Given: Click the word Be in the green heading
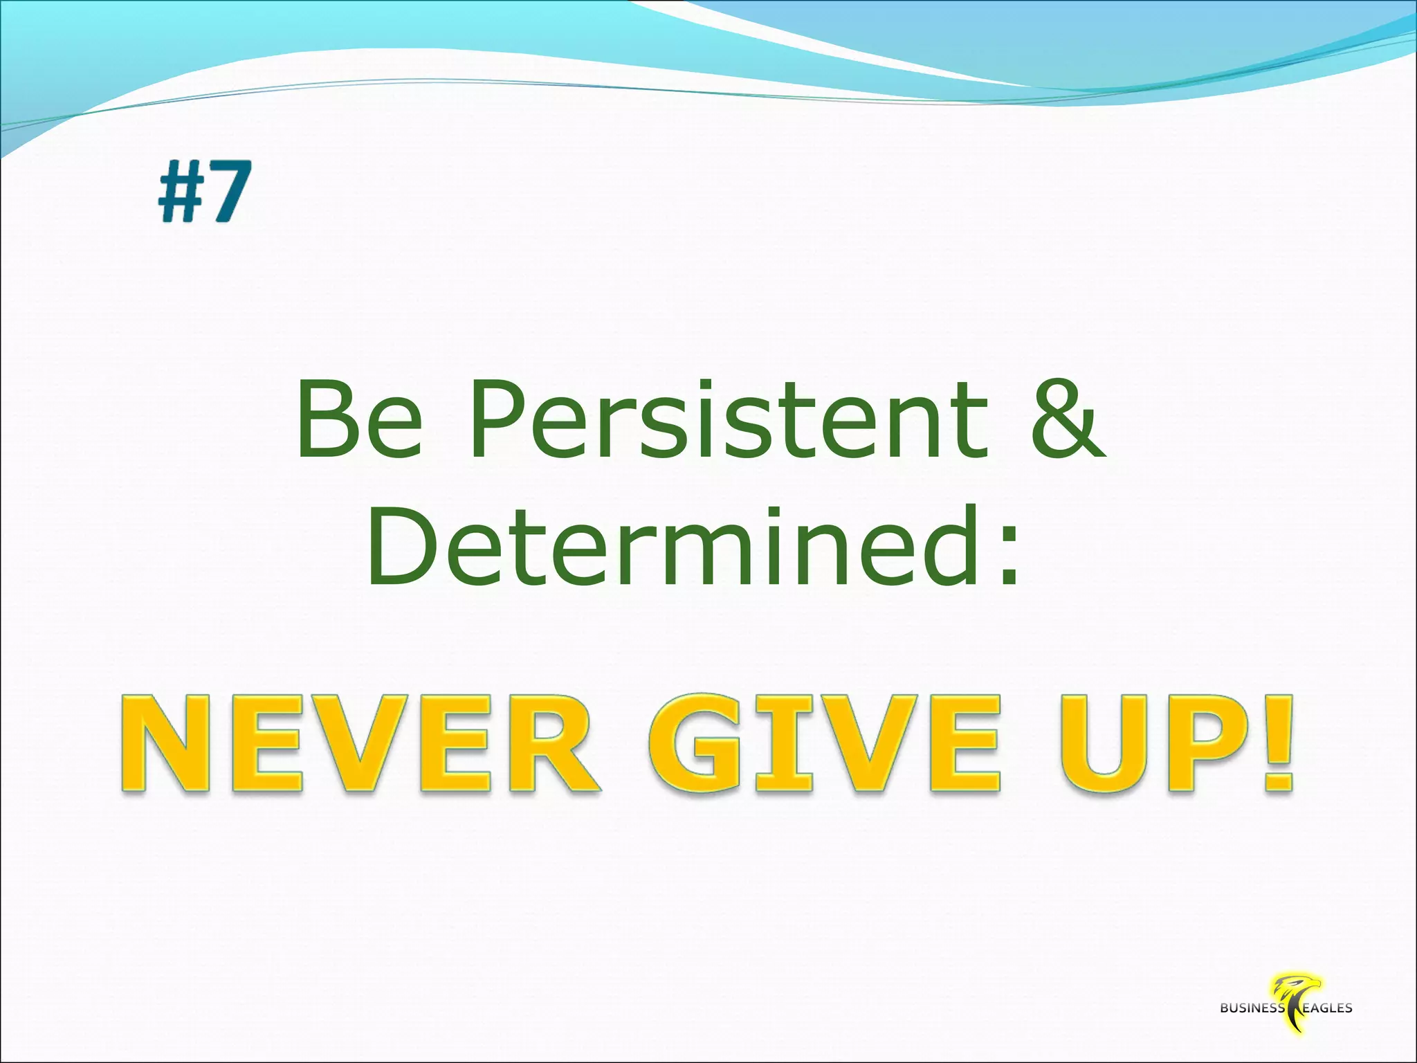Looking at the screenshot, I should point(359,423).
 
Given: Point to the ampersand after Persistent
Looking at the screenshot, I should point(1066,423).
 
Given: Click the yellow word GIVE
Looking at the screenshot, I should point(823,744).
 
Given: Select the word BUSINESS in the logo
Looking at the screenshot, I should point(1252,1008).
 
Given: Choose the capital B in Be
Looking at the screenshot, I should point(324,423).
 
